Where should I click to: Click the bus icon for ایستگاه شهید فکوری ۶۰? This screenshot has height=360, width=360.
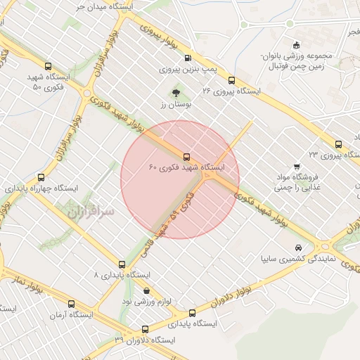tap(186, 157)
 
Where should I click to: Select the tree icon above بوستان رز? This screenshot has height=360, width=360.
tap(175, 92)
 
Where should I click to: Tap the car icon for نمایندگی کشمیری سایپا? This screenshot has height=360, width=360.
tap(299, 247)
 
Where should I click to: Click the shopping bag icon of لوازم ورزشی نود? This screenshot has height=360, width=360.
tap(146, 290)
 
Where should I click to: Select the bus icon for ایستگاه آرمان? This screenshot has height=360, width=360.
tap(71, 304)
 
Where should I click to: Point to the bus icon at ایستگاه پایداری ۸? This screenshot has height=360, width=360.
tap(122, 265)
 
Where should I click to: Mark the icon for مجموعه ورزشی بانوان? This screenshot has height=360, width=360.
tap(296, 45)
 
